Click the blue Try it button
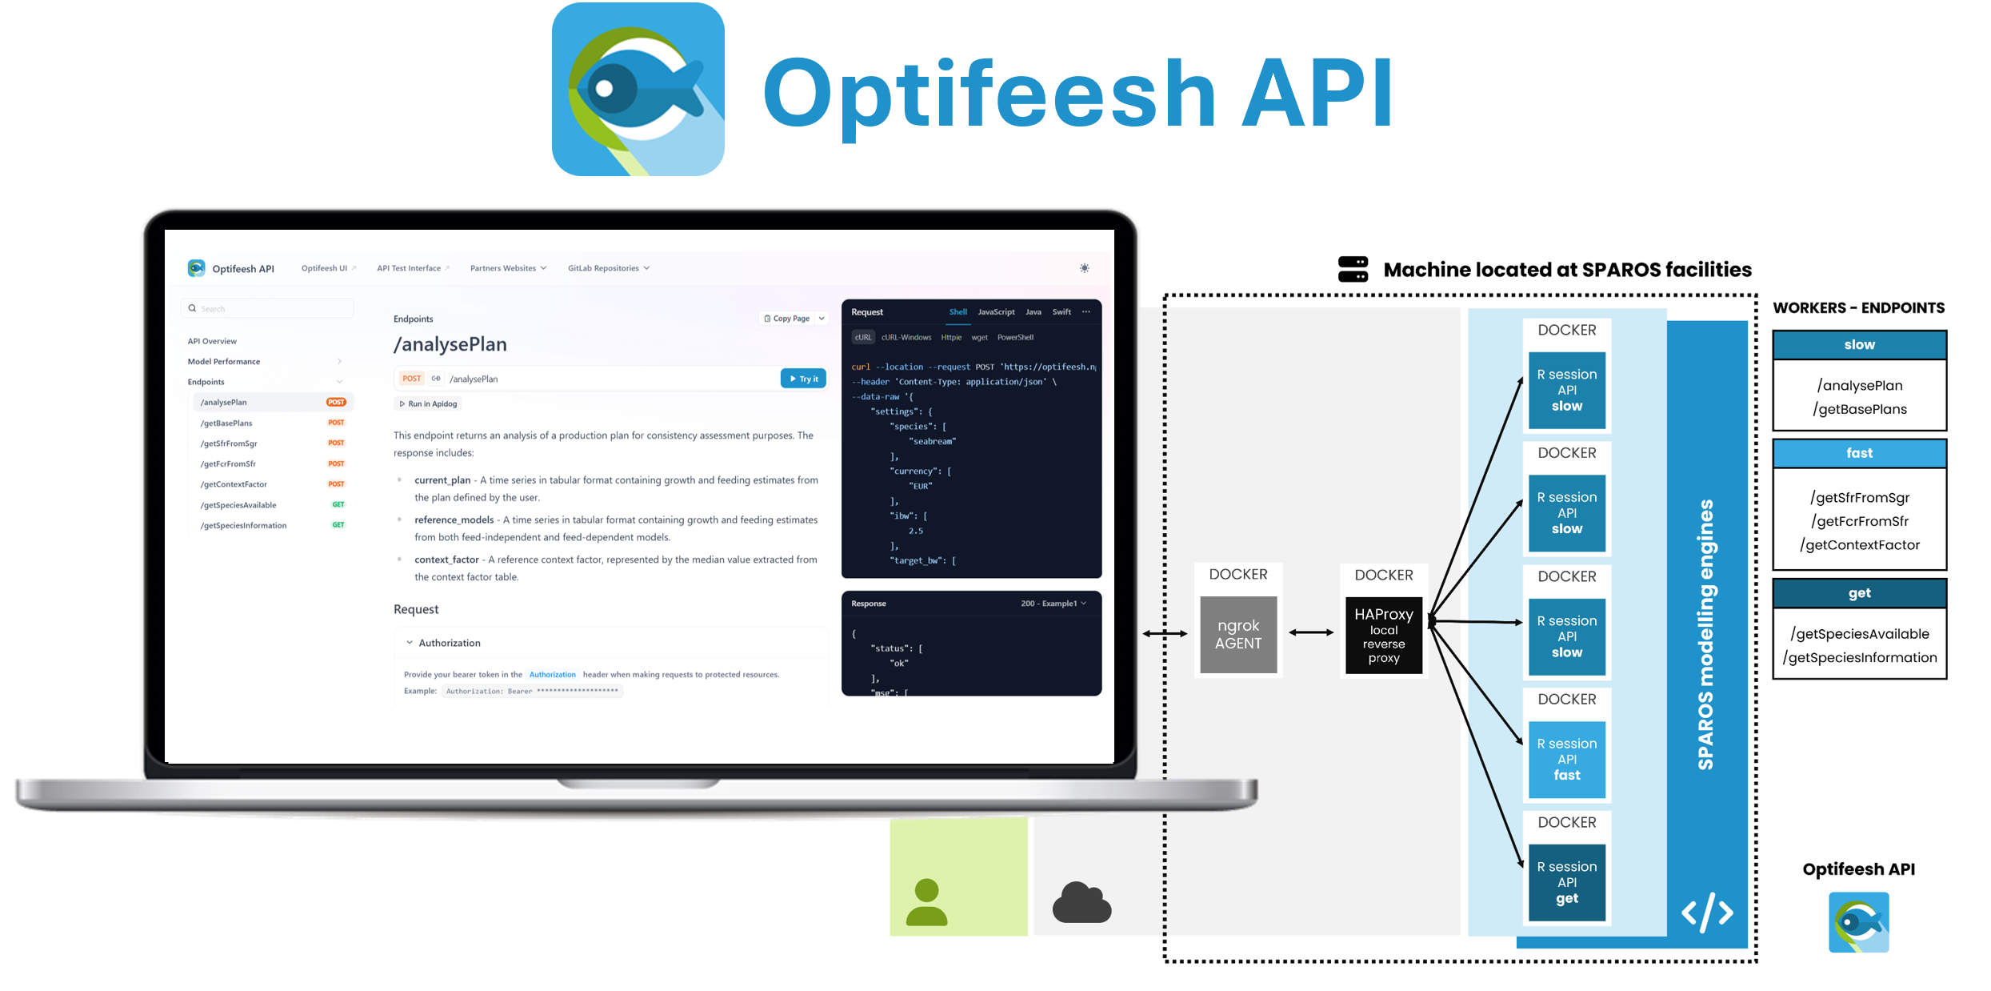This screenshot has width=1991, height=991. point(803,379)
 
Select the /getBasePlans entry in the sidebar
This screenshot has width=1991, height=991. point(226,423)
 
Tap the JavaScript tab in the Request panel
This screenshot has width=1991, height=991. point(996,312)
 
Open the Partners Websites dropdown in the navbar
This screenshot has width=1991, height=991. point(508,268)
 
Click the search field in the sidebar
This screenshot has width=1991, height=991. point(268,308)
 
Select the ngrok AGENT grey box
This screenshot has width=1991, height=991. point(1237,634)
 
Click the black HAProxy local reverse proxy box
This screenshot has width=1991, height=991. point(1383,635)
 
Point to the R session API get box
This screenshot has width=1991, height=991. point(1566,882)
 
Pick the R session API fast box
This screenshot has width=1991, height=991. point(1566,759)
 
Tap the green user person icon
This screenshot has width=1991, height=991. point(926,902)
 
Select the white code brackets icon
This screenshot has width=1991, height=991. point(1707,913)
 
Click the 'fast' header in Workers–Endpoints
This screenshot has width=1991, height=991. point(1859,453)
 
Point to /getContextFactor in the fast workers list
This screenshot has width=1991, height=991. point(1859,545)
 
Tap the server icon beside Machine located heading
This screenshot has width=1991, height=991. point(1353,269)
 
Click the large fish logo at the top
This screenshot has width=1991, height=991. point(638,89)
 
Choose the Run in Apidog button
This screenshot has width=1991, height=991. point(428,404)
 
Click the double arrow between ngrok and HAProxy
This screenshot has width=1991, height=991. point(1311,632)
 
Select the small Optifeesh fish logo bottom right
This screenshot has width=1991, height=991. point(1858,922)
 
